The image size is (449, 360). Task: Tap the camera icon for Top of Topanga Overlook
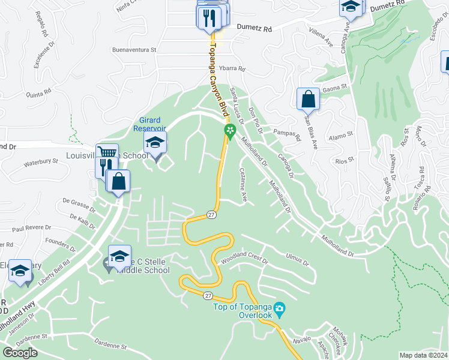click(279, 310)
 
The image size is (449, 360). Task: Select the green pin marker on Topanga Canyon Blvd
click(229, 130)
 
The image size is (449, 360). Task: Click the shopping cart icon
click(107, 153)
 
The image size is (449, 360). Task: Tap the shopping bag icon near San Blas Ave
click(308, 98)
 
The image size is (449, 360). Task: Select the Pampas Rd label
click(286, 134)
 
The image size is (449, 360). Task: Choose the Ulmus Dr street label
click(297, 259)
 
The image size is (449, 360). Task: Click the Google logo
click(20, 352)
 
